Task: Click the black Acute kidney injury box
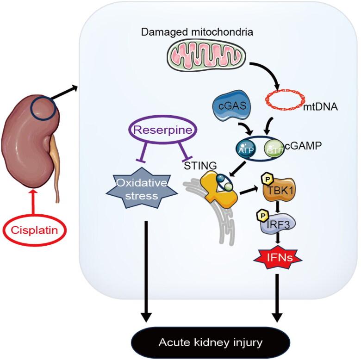pos(210,343)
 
